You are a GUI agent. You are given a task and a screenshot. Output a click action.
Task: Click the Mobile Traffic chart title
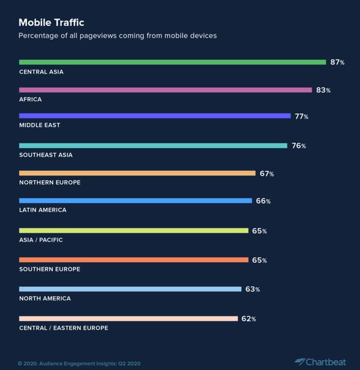51,23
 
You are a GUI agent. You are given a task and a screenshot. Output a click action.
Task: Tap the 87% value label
337,62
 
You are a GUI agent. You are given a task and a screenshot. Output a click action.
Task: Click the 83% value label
323,90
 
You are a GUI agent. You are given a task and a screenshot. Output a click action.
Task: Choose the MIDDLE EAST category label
40,125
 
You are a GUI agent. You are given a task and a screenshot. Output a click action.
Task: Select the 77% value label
301,116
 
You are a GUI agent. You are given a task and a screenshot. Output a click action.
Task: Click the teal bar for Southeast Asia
153,146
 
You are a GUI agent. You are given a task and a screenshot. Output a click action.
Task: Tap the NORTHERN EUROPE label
50,182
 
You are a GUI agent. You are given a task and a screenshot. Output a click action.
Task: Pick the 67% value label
266,174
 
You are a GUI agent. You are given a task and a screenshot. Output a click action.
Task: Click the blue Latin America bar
135,201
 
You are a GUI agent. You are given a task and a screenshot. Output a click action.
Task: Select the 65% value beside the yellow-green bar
259,231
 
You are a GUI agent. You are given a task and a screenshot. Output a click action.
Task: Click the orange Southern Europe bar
133,260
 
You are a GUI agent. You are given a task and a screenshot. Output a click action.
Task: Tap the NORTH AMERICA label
45,298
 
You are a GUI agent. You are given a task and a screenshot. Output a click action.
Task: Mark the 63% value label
252,289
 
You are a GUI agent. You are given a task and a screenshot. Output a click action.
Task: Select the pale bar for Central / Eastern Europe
128,318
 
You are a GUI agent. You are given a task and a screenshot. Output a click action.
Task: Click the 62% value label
248,318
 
